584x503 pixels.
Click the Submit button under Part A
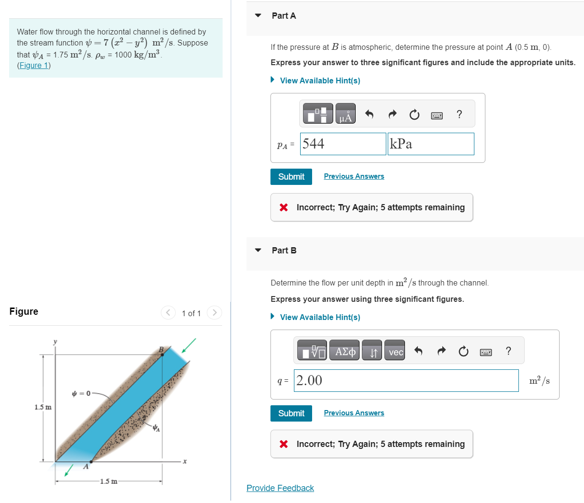point(291,177)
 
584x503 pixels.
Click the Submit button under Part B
point(291,413)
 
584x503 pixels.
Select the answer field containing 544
point(343,144)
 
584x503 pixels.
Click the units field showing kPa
point(430,144)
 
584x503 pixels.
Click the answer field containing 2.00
point(406,381)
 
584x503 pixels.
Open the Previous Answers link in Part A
point(354,176)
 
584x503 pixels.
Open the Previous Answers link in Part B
point(354,413)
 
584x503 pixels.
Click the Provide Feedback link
point(280,488)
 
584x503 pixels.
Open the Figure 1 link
point(34,66)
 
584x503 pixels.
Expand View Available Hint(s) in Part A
point(320,80)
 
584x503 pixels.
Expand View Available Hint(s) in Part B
point(320,317)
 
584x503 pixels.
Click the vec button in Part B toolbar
point(395,352)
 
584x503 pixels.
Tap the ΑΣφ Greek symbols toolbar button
point(345,352)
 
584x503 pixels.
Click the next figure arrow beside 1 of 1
point(214,313)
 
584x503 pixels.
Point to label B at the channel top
point(161,350)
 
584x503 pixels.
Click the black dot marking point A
point(91,462)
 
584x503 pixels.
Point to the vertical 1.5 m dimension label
point(43,407)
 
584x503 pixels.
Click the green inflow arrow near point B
point(189,345)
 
